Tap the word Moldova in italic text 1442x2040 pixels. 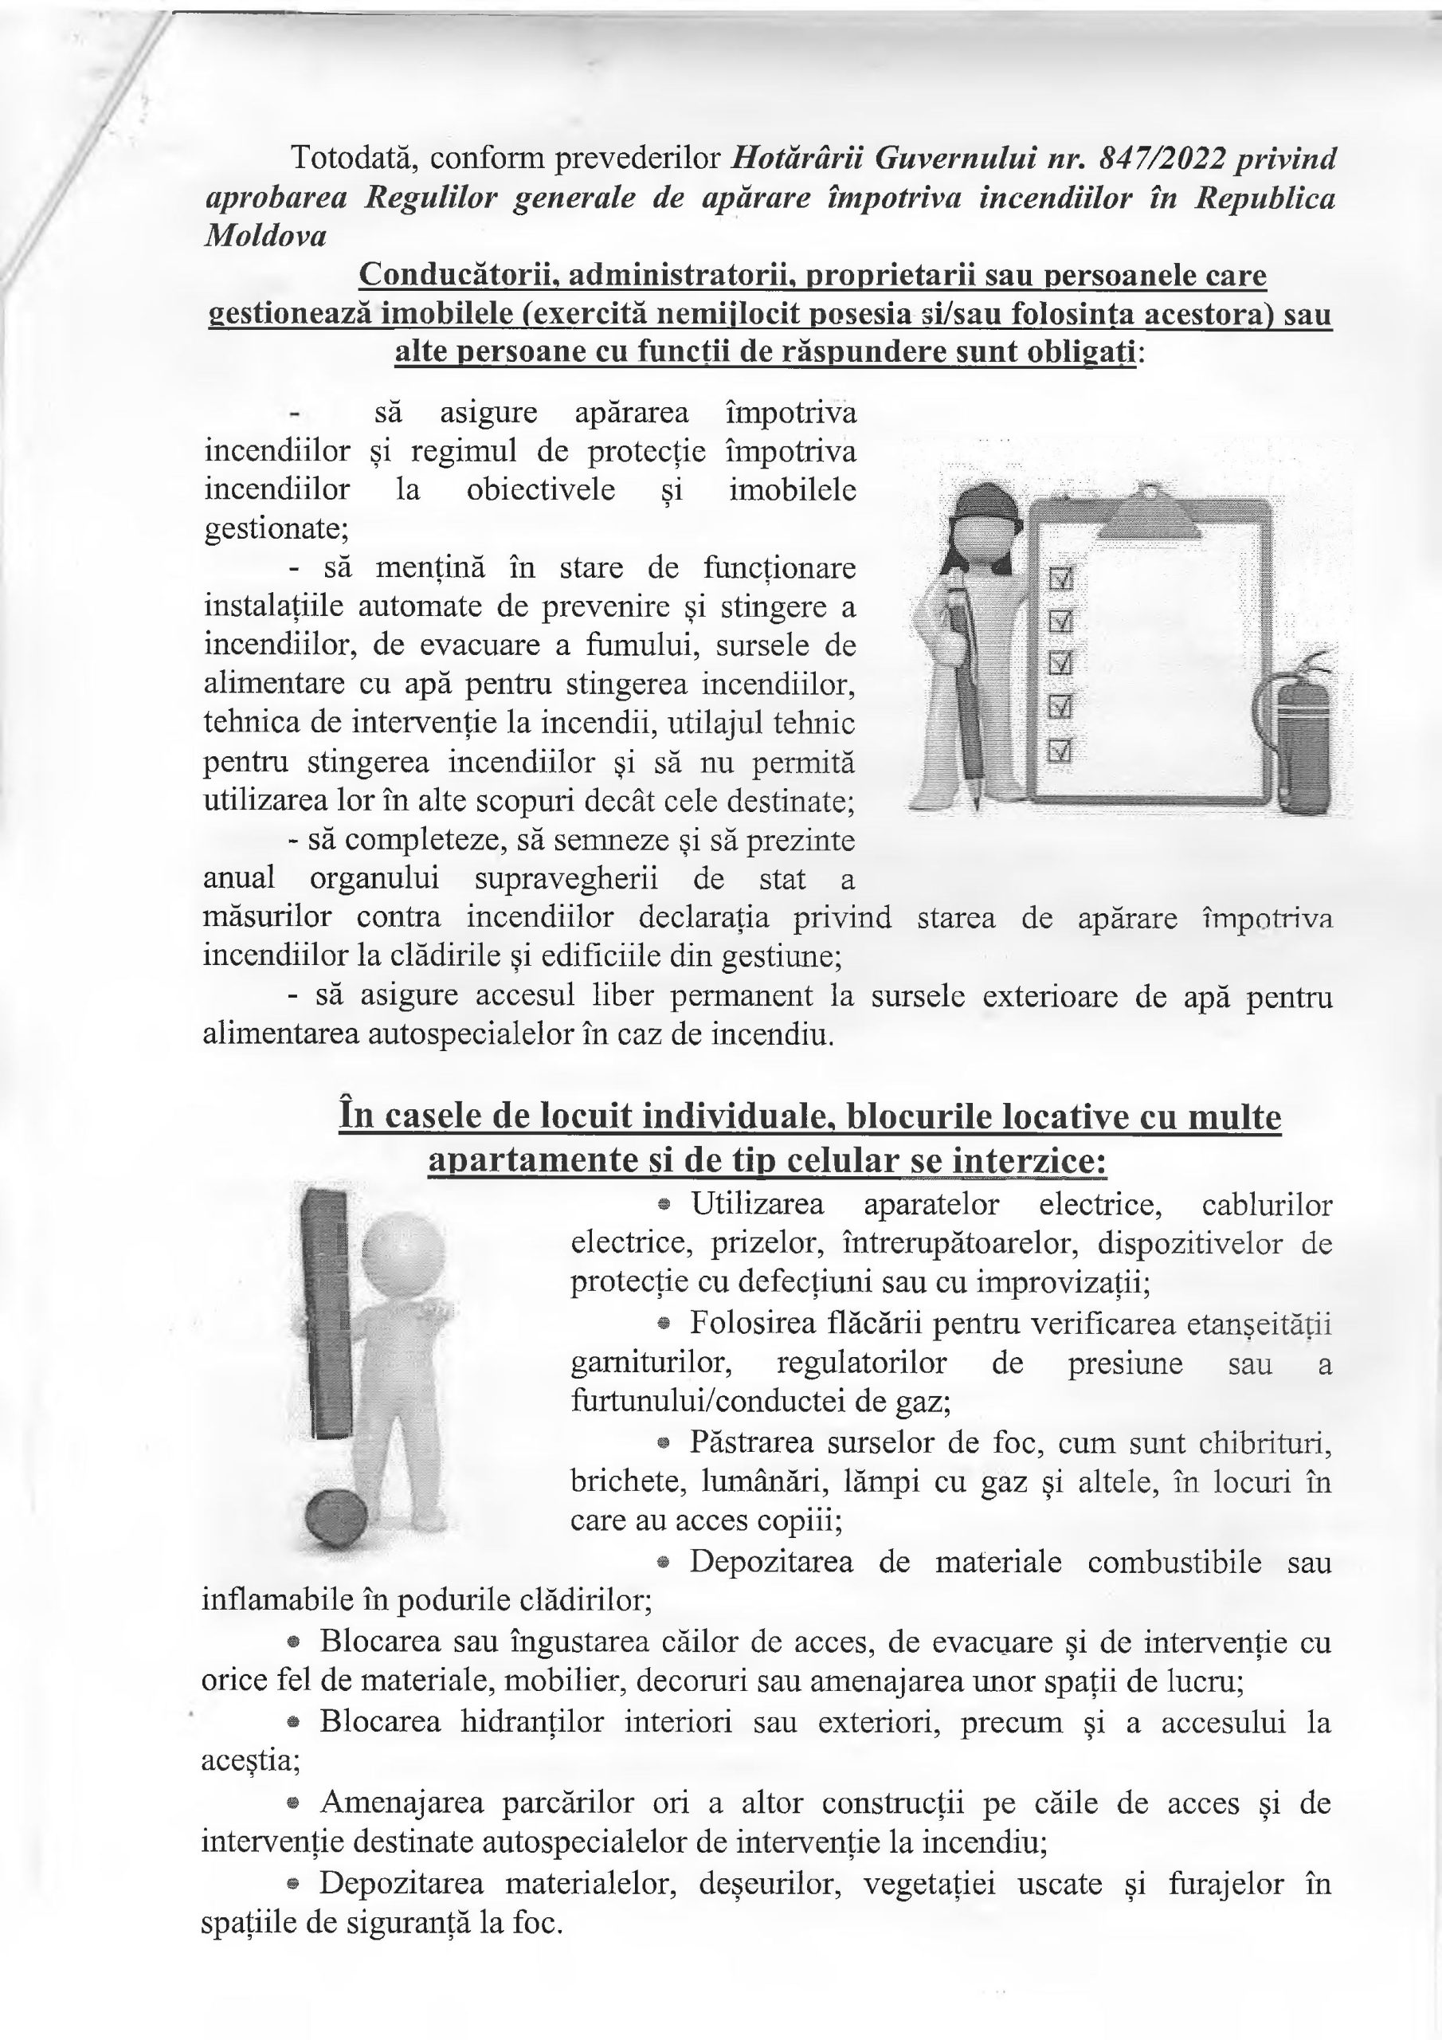[x=265, y=237]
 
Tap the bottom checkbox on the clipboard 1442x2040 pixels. [x=1062, y=751]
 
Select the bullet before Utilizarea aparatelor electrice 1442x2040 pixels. [x=663, y=1206]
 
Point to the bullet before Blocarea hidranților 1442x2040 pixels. [x=292, y=1722]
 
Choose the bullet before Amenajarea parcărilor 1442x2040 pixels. [x=292, y=1803]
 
